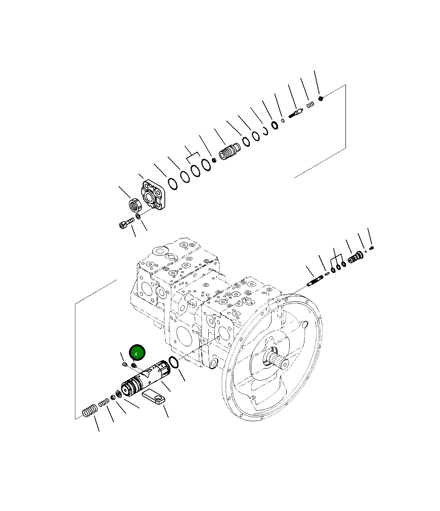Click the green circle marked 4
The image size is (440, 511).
pos(137,353)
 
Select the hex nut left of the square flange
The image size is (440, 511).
pos(135,205)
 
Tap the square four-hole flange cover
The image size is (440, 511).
pos(154,196)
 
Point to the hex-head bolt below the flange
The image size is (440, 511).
pos(126,223)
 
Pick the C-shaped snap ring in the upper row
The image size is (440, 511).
pos(266,130)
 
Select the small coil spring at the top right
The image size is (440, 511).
pos(310,106)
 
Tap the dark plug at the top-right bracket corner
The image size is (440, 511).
pos(321,98)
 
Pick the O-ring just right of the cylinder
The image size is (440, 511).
pos(174,362)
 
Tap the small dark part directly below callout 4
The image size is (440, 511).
pos(134,365)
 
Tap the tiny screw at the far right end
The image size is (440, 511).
pos(372,247)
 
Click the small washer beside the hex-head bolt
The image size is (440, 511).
pos(138,217)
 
